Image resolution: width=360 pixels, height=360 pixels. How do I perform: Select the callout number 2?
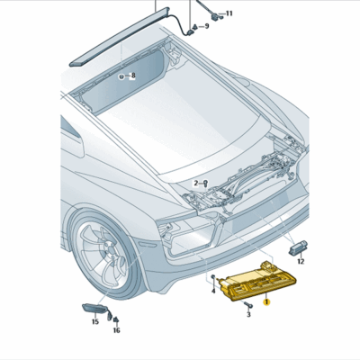[195, 183]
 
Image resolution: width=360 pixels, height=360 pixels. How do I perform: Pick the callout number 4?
[212, 290]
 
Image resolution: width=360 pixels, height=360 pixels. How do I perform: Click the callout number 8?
[132, 77]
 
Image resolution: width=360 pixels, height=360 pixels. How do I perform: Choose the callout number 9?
[205, 26]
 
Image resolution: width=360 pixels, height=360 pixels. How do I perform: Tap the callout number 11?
[228, 13]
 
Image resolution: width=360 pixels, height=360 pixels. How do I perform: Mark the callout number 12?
[301, 261]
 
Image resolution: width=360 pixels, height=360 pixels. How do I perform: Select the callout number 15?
[95, 321]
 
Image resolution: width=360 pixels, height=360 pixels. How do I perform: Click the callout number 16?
[116, 330]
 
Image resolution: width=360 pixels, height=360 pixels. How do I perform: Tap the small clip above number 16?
[114, 318]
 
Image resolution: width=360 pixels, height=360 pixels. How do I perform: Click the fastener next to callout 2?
[204, 183]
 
